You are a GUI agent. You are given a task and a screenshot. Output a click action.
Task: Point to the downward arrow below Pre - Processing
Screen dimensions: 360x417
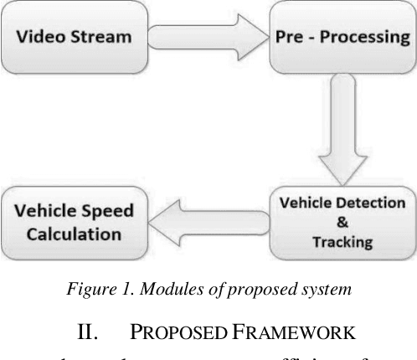(340, 126)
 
